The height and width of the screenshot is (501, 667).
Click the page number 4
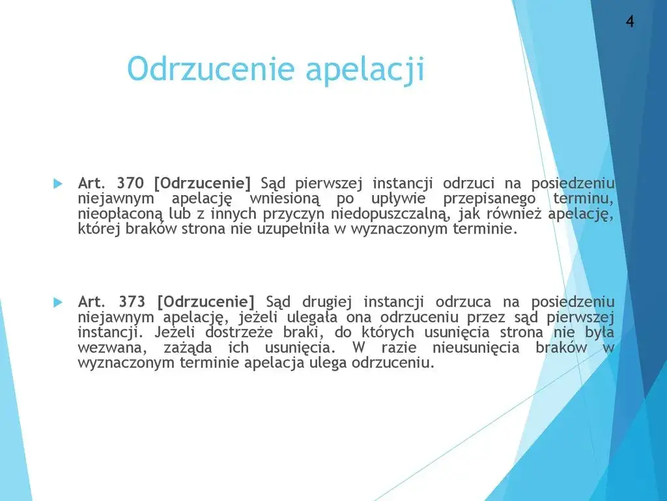coord(630,22)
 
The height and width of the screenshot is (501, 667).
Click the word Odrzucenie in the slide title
coord(210,69)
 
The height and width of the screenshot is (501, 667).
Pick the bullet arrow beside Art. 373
coord(57,302)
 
